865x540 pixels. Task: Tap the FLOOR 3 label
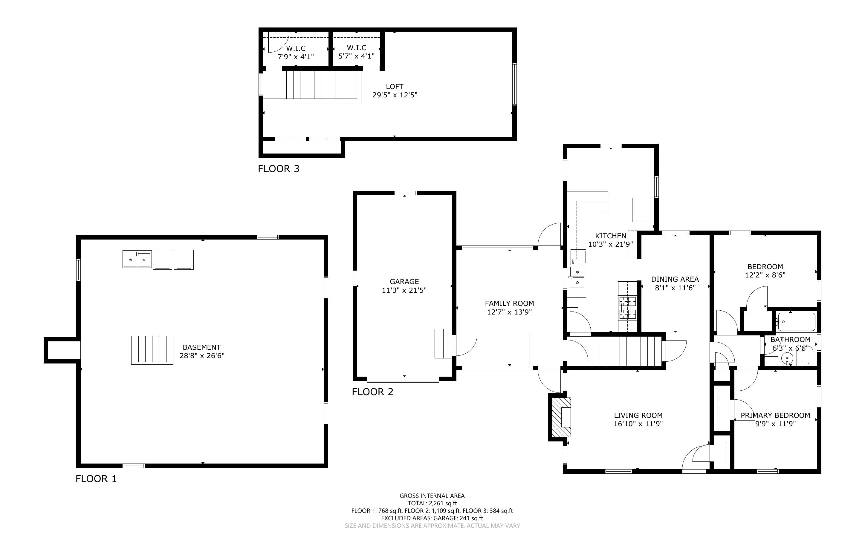coord(279,168)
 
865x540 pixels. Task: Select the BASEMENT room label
coord(201,347)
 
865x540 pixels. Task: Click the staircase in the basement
coord(152,350)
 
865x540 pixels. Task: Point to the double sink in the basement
coord(137,259)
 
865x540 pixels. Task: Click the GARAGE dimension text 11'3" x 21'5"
coord(404,290)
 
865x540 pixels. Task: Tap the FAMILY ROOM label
coord(510,303)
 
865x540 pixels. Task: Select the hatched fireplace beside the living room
coord(561,418)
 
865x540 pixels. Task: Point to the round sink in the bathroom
coord(787,358)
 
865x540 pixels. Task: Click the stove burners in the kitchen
coord(628,308)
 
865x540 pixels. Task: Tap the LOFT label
coord(395,86)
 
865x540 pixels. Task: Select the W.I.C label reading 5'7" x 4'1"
coord(357,52)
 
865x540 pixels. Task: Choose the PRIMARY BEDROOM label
coord(775,415)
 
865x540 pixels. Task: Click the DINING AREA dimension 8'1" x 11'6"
coord(675,288)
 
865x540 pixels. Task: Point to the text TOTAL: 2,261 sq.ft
coord(432,503)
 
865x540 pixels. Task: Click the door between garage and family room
coord(465,345)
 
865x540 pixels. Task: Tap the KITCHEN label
coord(611,236)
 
